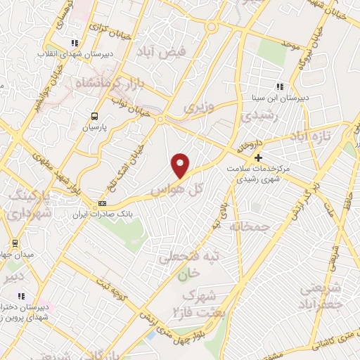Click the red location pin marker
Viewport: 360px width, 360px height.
[181, 166]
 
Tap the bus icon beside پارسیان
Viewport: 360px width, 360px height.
[94, 117]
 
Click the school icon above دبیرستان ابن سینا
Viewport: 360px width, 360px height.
[280, 86]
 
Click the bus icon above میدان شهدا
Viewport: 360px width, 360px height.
[15, 244]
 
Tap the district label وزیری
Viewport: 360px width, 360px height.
[198, 107]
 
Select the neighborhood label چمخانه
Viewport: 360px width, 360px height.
[250, 226]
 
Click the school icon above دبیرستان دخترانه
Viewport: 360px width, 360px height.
[21, 296]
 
